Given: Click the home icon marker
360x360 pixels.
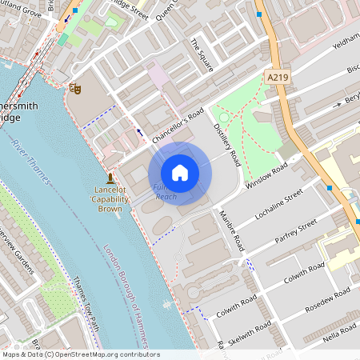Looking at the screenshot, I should pyautogui.click(x=179, y=173).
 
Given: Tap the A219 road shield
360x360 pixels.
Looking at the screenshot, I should pyautogui.click(x=276, y=75).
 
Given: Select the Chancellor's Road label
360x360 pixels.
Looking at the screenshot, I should pyautogui.click(x=178, y=127).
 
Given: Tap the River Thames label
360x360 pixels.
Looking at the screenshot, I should pyautogui.click(x=32, y=161).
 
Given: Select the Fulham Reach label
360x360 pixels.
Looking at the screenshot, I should pyautogui.click(x=165, y=192).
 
